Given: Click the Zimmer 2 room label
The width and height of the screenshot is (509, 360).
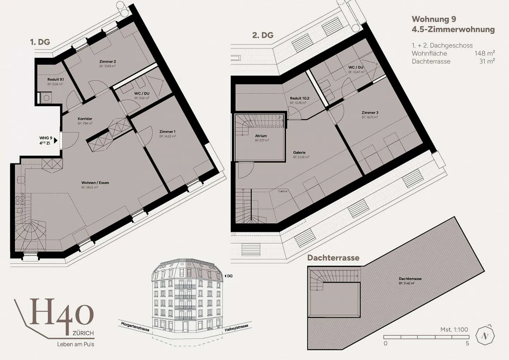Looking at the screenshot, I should tap(107, 61).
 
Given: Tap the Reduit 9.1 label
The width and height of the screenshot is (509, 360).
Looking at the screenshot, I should tap(55, 80).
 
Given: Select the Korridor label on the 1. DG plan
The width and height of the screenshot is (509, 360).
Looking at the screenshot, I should tap(85, 119).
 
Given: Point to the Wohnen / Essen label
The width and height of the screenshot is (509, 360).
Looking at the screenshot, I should tap(95, 183).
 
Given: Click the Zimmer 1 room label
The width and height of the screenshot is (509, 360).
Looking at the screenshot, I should tap(167, 132).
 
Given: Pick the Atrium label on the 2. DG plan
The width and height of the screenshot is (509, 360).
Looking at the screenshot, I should tap(261, 136).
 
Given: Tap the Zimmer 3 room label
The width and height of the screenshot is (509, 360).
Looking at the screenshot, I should tap(370, 113).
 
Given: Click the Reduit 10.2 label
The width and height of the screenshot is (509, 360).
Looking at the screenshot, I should tap(299, 99).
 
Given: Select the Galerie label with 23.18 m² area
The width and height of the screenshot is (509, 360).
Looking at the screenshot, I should tap(299, 153).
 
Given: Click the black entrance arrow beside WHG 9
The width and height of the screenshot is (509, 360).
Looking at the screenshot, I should tap(56, 141).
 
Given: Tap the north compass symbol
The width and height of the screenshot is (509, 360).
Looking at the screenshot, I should tap(486, 336).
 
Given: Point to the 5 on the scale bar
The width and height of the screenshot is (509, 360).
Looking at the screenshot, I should tap(467, 343).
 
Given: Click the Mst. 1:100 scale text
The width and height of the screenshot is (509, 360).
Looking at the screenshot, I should tap(454, 330).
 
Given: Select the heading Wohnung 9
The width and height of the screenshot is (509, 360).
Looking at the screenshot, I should tap(434, 19).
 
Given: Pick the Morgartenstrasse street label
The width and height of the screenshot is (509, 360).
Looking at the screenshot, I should tap(135, 326).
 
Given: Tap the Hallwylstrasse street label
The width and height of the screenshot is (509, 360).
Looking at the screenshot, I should tap(236, 327).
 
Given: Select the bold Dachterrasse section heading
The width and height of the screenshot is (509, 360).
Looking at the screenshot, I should tap(333, 258).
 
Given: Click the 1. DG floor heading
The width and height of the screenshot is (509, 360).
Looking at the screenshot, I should tap(40, 42).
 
